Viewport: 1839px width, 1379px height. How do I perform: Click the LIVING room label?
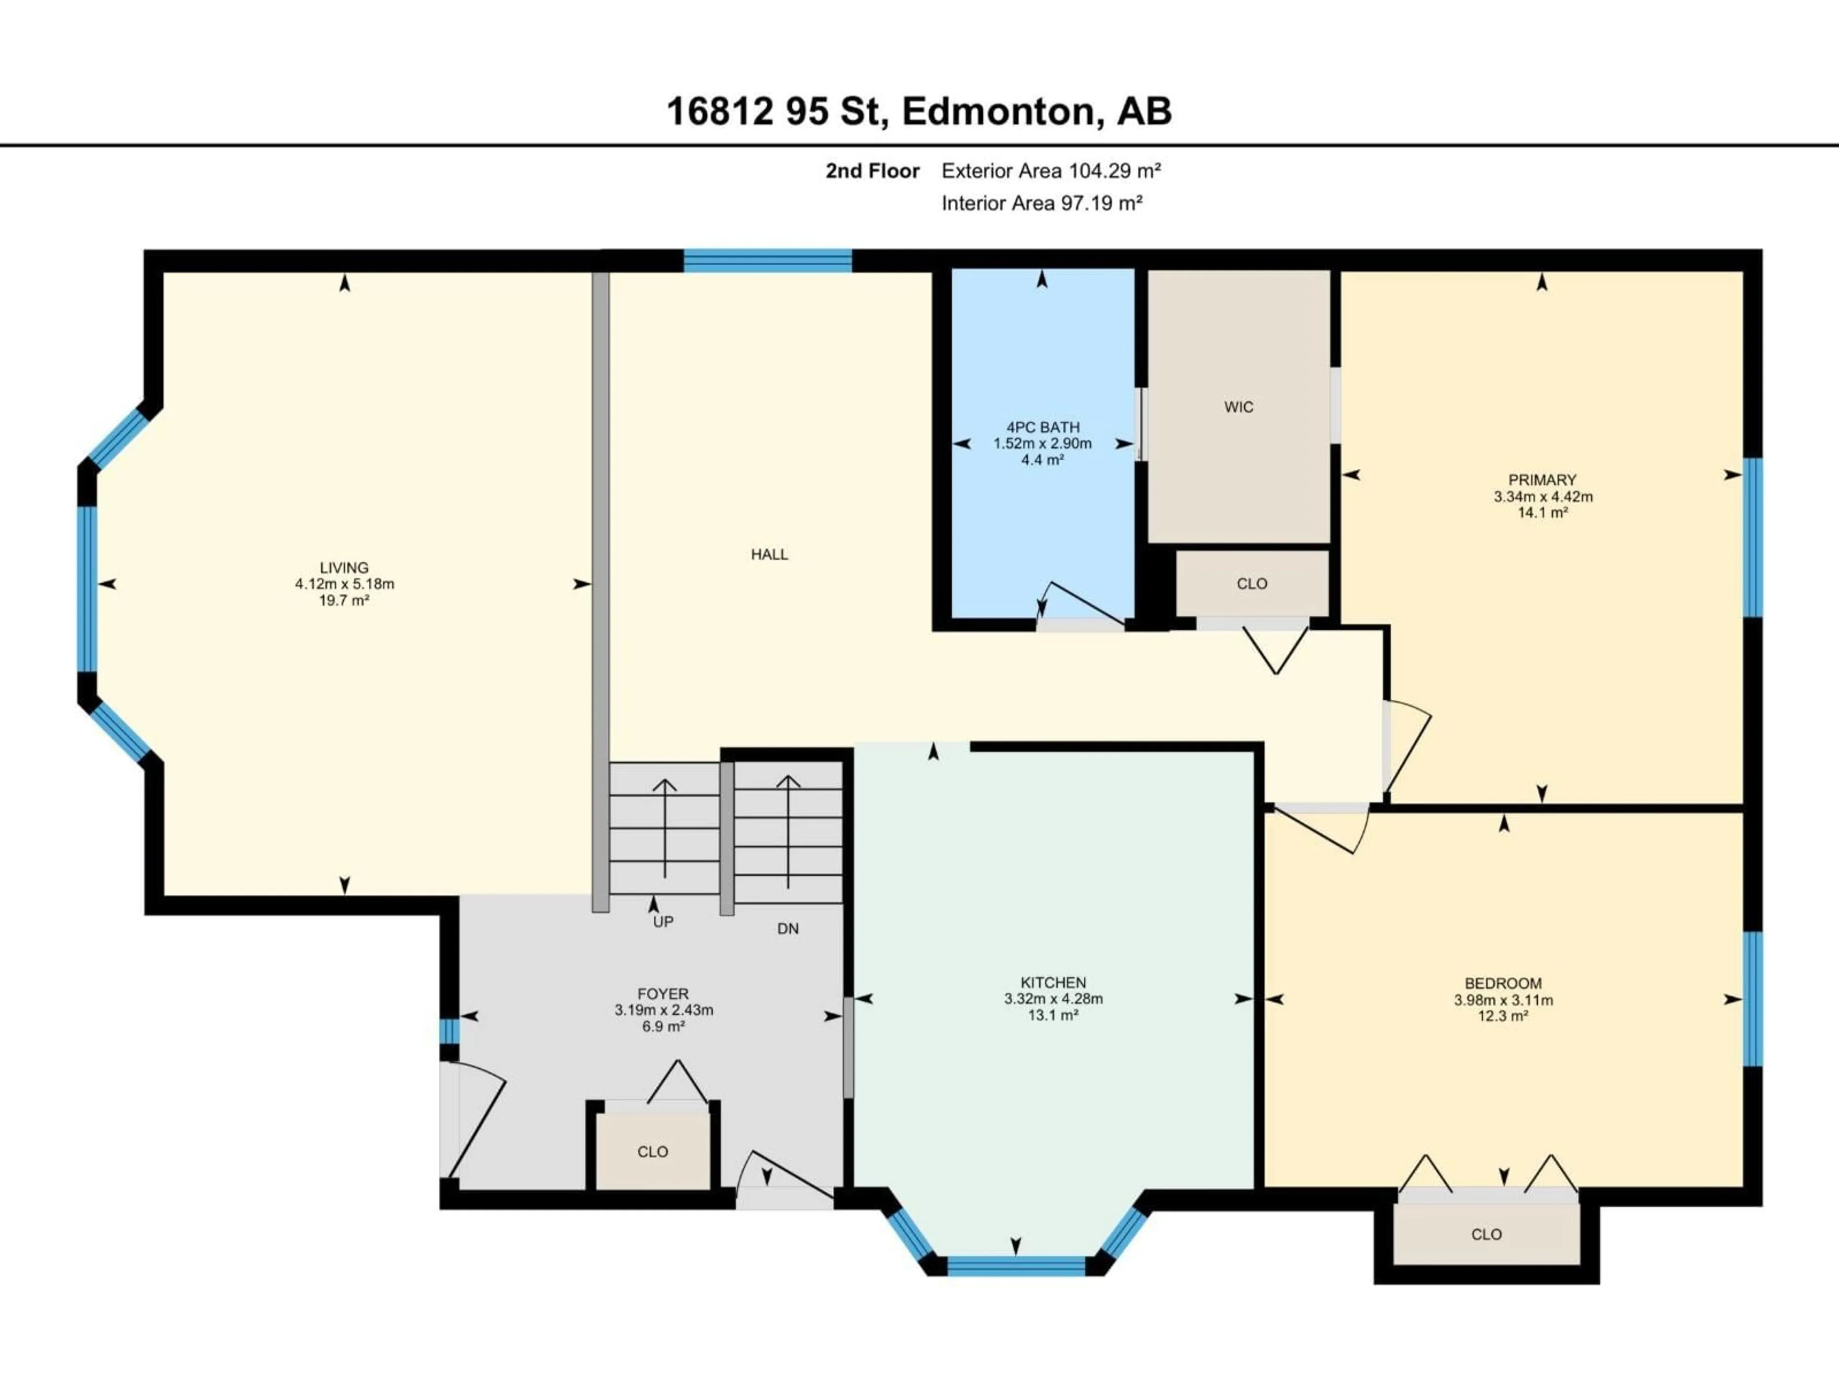344,568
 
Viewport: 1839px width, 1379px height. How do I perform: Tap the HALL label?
769,554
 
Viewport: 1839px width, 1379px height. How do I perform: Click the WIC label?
1238,407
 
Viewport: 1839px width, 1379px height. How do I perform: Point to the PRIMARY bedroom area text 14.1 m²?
1542,513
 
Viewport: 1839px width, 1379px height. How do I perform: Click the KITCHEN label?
1053,983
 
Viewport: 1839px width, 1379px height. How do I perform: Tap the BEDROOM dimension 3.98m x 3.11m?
1503,1000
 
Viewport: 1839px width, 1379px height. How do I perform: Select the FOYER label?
663,994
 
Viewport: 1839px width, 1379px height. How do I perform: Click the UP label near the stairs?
663,922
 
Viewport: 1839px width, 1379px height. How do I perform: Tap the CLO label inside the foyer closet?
653,1152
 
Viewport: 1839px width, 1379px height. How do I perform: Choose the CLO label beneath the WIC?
1251,584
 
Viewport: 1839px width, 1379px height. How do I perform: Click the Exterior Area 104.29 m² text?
1050,171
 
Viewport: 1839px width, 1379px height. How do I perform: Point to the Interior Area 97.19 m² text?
1041,203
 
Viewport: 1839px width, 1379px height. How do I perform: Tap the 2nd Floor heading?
872,171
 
